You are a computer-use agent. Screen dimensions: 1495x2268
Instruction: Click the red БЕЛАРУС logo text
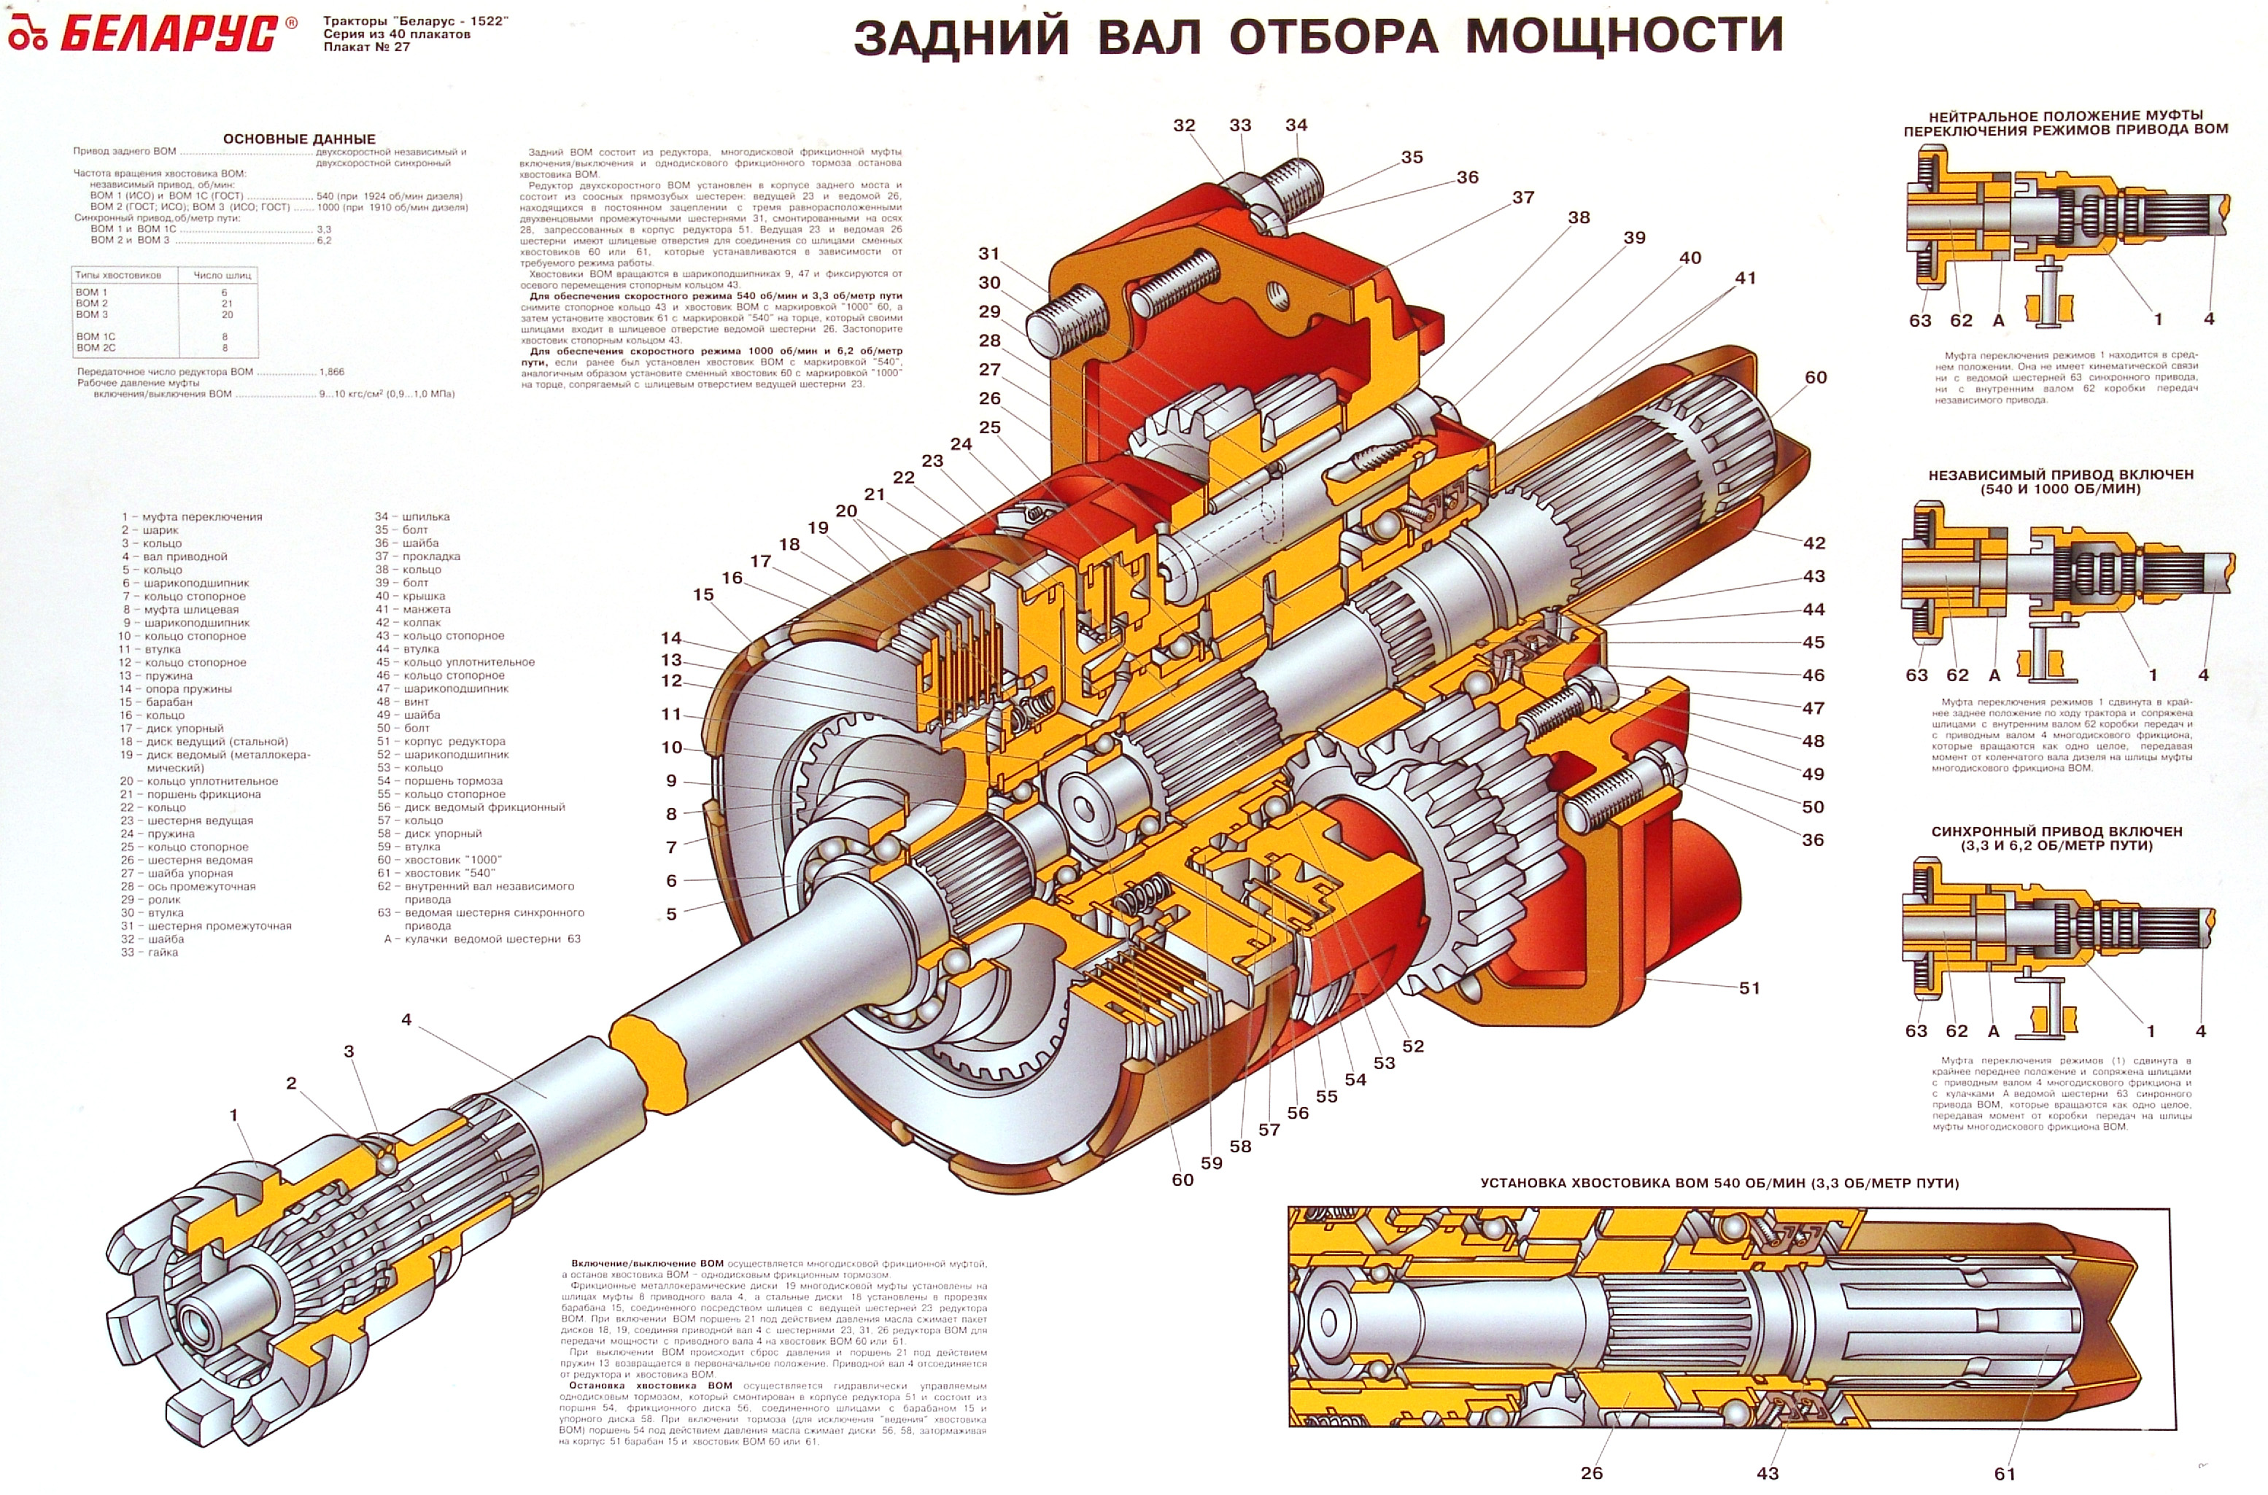click(x=170, y=34)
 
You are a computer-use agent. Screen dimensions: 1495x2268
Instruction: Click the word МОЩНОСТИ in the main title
click(x=1623, y=36)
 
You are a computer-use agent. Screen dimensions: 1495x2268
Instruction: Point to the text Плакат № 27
click(x=366, y=47)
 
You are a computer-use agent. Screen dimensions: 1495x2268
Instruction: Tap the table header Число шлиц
click(x=222, y=276)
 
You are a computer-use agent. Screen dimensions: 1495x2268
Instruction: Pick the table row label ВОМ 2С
click(x=96, y=348)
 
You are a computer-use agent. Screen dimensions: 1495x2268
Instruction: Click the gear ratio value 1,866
click(x=332, y=372)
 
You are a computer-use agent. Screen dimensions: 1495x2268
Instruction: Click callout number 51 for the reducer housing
click(x=1749, y=987)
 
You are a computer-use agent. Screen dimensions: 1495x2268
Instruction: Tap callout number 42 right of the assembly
click(x=1814, y=543)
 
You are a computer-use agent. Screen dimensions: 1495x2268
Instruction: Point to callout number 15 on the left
click(x=703, y=595)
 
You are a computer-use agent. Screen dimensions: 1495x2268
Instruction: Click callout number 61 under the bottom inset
click(x=2005, y=1474)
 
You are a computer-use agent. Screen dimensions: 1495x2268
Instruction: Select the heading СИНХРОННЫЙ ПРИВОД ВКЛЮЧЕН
click(x=2056, y=831)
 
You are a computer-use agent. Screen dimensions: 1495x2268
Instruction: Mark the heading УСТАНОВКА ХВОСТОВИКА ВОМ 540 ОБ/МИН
click(x=1719, y=1183)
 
